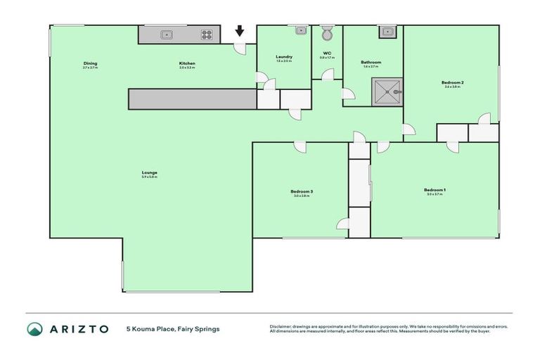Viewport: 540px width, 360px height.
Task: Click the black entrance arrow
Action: [x=240, y=31]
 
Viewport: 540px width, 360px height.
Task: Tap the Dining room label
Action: [x=91, y=63]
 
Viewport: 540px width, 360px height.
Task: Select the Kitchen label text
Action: [x=186, y=63]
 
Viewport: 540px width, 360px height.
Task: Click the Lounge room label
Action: [x=148, y=172]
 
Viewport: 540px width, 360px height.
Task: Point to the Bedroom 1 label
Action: [x=435, y=190]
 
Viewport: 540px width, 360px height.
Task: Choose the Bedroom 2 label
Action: [x=452, y=82]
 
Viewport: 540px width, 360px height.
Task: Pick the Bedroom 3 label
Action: [x=301, y=191]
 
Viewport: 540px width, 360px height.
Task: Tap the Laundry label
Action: [x=284, y=57]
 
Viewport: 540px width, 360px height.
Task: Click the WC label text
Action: [x=327, y=53]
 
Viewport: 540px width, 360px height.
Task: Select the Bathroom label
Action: [x=371, y=62]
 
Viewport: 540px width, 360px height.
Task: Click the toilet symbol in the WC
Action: [x=327, y=33]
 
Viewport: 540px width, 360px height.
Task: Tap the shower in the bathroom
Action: [x=387, y=91]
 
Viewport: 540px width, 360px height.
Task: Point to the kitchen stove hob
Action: [x=207, y=34]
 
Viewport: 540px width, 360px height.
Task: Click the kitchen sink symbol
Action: [x=167, y=34]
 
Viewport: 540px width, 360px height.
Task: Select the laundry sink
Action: [x=300, y=30]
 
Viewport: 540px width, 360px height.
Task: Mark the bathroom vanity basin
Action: [x=386, y=30]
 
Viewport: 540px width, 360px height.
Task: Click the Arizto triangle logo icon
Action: [x=35, y=328]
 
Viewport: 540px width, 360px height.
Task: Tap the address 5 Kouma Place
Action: [x=172, y=328]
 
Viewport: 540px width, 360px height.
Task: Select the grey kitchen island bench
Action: [x=192, y=99]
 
